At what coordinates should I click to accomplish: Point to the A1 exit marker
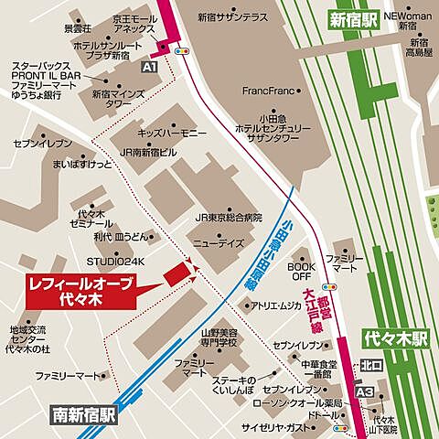pos(149,67)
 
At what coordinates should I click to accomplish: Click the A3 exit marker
pos(365,391)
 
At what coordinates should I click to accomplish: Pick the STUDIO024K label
pos(116,261)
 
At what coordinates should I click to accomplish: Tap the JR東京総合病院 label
pos(228,218)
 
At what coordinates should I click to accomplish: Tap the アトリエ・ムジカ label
pos(276,307)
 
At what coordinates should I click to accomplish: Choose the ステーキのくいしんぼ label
pos(241,385)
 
